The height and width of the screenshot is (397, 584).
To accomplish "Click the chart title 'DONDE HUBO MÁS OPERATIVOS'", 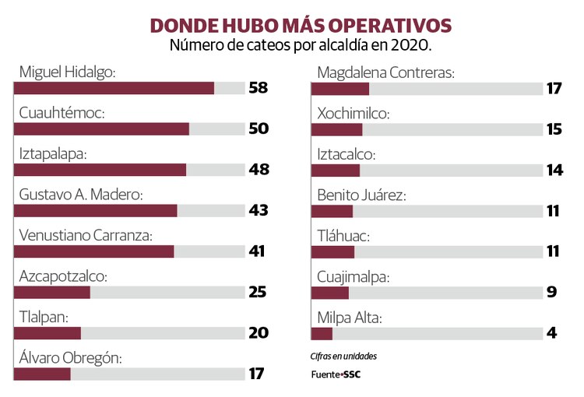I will pos(301,25).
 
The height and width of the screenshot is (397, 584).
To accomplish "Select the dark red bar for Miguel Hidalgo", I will pos(114,88).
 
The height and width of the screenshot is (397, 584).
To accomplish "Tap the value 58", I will pos(259,88).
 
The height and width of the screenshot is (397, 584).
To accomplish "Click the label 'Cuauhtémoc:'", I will pos(62,113).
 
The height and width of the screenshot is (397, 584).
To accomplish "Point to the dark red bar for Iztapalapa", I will pos(100,170).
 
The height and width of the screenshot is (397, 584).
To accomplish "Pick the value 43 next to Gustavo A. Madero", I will pos(259,210).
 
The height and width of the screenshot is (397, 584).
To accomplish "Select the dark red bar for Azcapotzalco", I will pos(52,292).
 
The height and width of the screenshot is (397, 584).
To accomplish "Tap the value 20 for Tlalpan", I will pos(259,332).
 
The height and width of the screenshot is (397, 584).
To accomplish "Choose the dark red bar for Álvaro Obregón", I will pos(42,374).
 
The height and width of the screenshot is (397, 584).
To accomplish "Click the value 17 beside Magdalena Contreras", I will pos(554,88).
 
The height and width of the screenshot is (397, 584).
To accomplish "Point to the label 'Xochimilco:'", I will pos(353,113).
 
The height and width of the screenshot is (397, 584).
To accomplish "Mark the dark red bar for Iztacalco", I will pos(336,170).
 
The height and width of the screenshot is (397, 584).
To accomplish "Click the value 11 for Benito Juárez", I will pos(554,210).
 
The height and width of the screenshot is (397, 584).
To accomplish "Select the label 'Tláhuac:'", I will pos(343,234).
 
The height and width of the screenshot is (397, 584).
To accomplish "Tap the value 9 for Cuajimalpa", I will pos(551,292).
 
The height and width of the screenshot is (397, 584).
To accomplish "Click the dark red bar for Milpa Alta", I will pos(322,333).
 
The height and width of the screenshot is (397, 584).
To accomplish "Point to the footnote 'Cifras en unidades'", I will pos(343,357).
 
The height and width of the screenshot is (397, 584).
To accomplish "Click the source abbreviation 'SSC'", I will pos(351,374).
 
